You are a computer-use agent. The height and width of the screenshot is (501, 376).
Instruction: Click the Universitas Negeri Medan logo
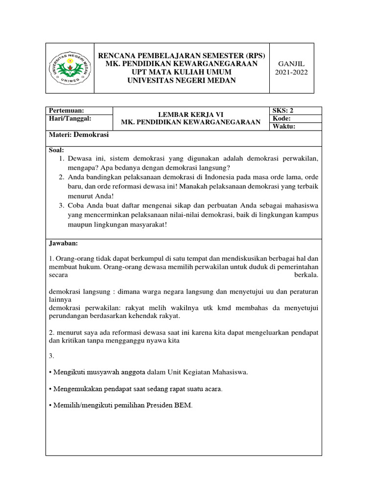[70, 68]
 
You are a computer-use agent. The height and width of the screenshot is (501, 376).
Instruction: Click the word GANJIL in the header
[291, 64]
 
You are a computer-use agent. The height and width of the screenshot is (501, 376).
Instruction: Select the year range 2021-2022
[291, 72]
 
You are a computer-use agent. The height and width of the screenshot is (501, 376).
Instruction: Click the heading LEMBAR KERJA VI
[191, 114]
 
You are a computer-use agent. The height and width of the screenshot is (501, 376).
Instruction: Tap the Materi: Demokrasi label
[79, 135]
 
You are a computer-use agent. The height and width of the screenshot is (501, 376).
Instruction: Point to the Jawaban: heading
[64, 243]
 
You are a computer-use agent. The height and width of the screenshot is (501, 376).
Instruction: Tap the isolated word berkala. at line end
[306, 275]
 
